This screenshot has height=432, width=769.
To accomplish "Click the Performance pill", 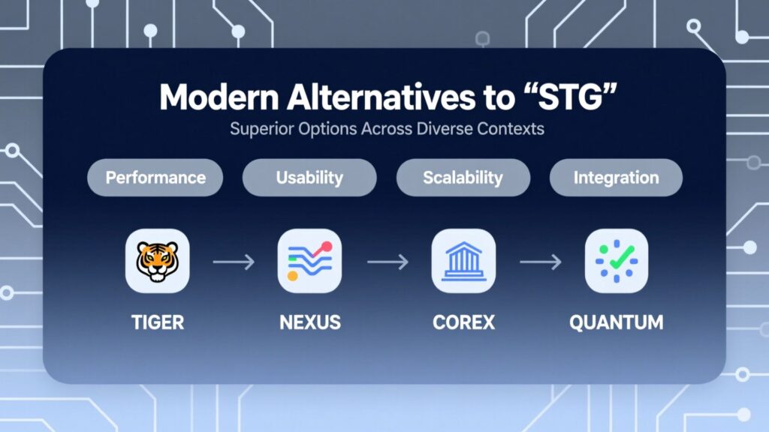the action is click(155, 177).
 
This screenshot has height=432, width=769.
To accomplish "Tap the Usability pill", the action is click(309, 177).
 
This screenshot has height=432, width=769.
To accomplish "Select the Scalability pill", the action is click(463, 177).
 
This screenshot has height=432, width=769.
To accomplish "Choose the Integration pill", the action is click(616, 177).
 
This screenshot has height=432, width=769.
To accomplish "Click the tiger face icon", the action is click(158, 261).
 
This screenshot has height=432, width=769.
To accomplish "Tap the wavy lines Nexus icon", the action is click(309, 261).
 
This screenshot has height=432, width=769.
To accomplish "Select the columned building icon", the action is click(463, 261).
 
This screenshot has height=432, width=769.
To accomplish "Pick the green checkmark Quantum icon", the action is click(617, 261).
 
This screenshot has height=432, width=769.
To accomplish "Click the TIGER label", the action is click(158, 322).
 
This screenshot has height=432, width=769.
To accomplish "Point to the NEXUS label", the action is click(310, 322).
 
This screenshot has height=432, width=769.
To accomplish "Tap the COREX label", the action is click(463, 322).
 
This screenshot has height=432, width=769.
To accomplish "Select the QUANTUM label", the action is click(617, 322).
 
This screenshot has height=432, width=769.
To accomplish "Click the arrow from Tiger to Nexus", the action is click(234, 262).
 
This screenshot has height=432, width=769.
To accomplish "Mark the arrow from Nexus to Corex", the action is click(388, 262).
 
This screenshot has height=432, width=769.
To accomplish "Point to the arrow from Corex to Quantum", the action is click(541, 262).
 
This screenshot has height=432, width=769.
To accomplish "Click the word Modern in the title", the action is click(219, 97).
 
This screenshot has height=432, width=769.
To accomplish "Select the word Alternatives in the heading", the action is click(381, 97).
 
